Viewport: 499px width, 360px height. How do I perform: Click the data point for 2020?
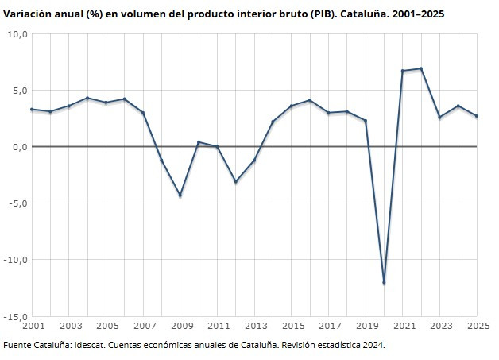click(385, 282)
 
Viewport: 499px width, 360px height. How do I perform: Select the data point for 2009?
click(180, 195)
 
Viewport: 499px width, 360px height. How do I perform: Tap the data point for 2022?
click(421, 68)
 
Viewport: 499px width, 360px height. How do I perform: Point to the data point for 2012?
click(235, 182)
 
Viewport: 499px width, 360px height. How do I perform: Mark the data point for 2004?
click(87, 98)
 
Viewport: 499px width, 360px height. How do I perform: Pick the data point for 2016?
click(310, 100)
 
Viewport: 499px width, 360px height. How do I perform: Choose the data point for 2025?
click(477, 116)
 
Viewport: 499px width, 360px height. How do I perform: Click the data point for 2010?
click(199, 142)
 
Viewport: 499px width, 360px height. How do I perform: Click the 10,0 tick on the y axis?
click(17, 34)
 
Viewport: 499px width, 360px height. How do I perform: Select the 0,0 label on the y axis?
click(18, 147)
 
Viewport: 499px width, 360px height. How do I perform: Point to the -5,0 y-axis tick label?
click(17, 203)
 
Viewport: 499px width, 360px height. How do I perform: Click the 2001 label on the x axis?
click(33, 326)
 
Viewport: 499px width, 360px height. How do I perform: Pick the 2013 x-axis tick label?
click(256, 326)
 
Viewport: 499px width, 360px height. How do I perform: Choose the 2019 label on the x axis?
click(366, 326)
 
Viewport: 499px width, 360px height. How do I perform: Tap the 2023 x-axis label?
click(440, 326)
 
